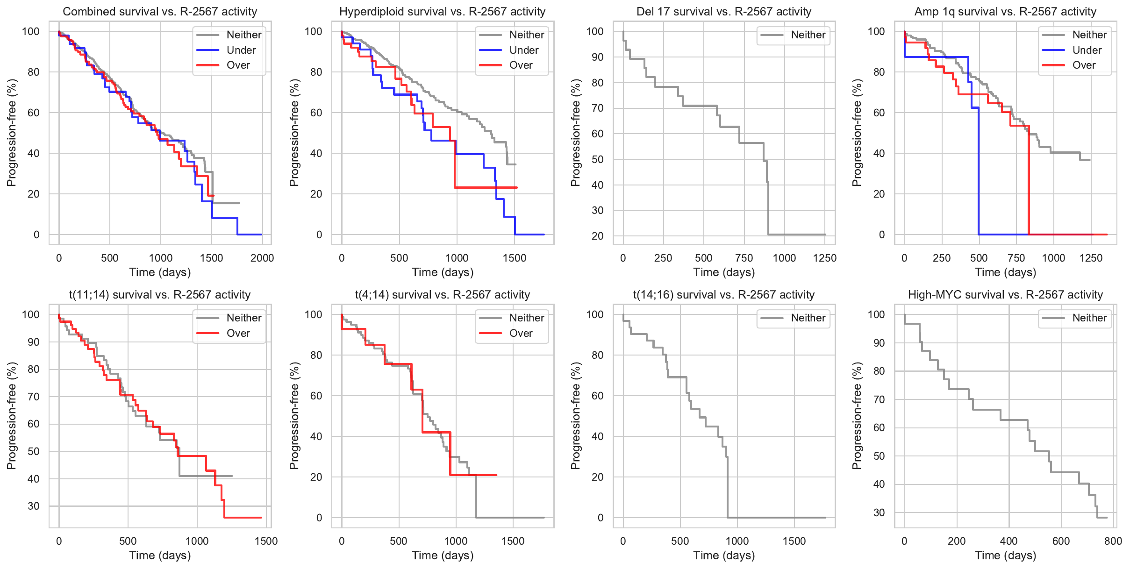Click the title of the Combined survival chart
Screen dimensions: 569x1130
[160, 12]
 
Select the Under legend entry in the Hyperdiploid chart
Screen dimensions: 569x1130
[523, 50]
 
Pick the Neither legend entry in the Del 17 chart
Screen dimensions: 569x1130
[808, 35]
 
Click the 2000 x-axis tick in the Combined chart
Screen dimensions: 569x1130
[262, 258]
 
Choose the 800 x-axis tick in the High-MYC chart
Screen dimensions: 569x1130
[1113, 541]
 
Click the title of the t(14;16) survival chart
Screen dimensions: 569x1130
[723, 295]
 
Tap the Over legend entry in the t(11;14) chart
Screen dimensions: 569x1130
[238, 334]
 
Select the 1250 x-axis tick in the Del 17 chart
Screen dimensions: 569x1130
[824, 258]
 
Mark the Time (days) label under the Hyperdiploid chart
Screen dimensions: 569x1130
[443, 272]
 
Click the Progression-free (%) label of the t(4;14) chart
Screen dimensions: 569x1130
[294, 416]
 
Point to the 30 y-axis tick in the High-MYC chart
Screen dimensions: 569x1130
[879, 512]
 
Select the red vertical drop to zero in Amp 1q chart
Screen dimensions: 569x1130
[1029, 182]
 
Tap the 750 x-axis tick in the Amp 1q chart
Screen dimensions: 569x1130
[1016, 258]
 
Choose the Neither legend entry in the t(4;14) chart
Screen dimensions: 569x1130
[526, 318]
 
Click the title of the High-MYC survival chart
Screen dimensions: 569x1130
[1005, 295]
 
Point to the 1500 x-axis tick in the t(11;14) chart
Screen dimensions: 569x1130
[266, 541]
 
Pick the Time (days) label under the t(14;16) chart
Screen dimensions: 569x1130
[724, 555]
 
